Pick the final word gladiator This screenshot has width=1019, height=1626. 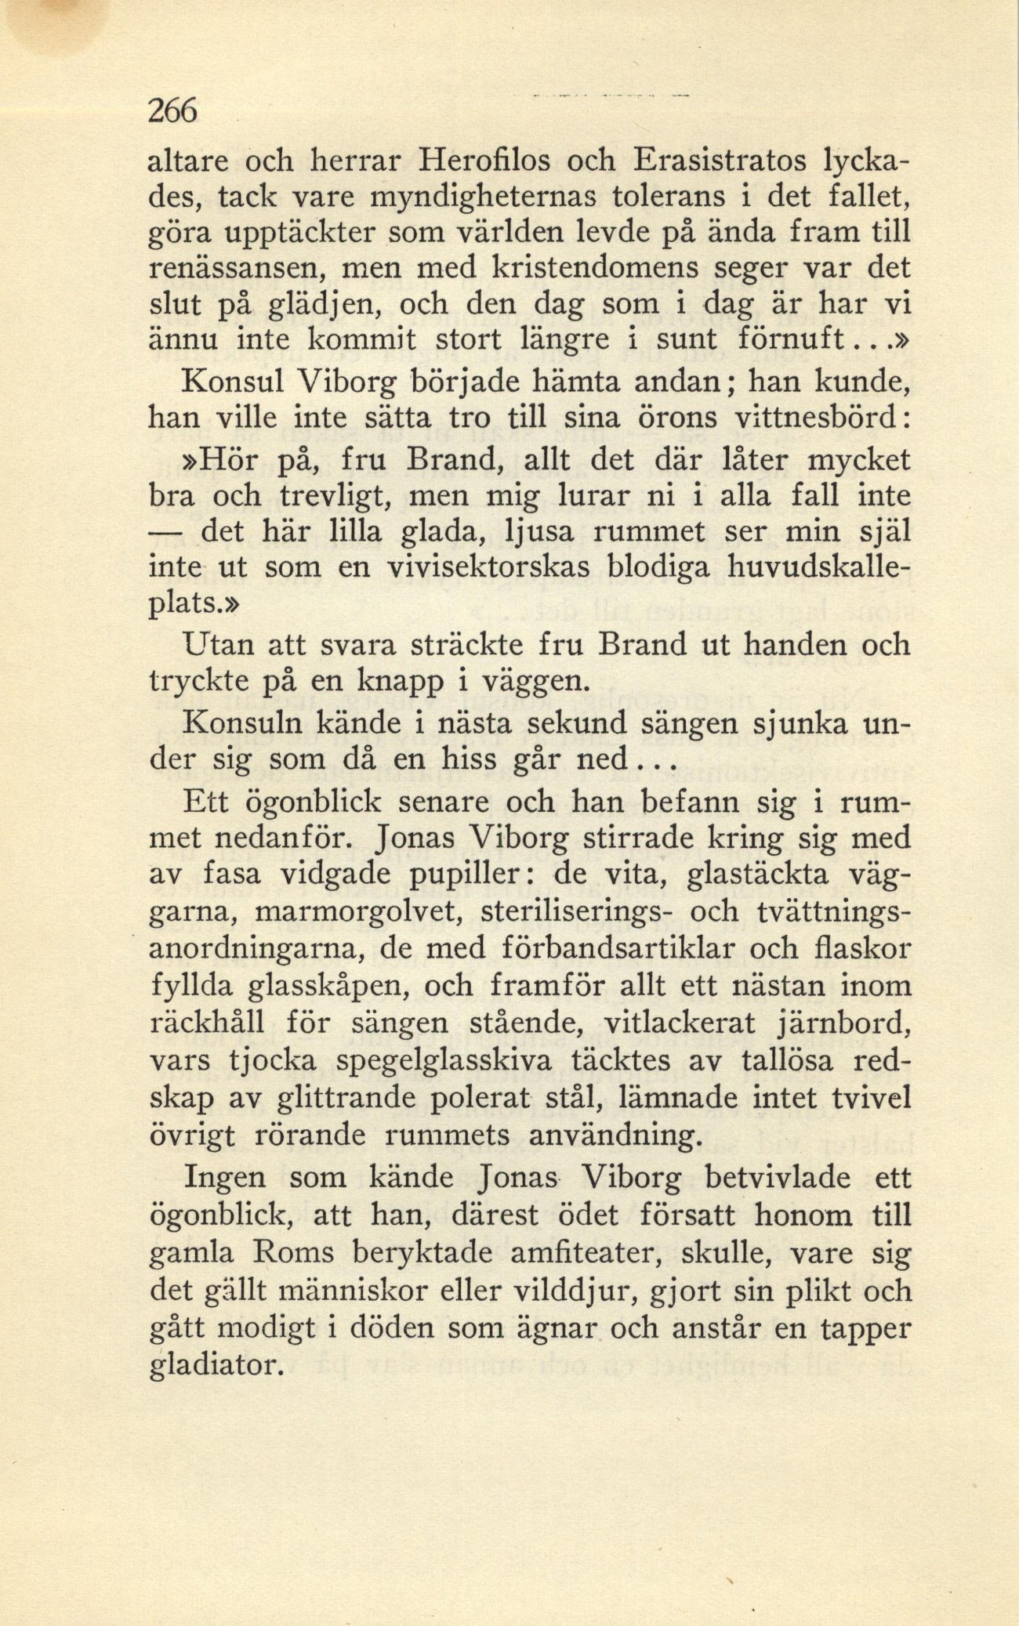[x=216, y=1367]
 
